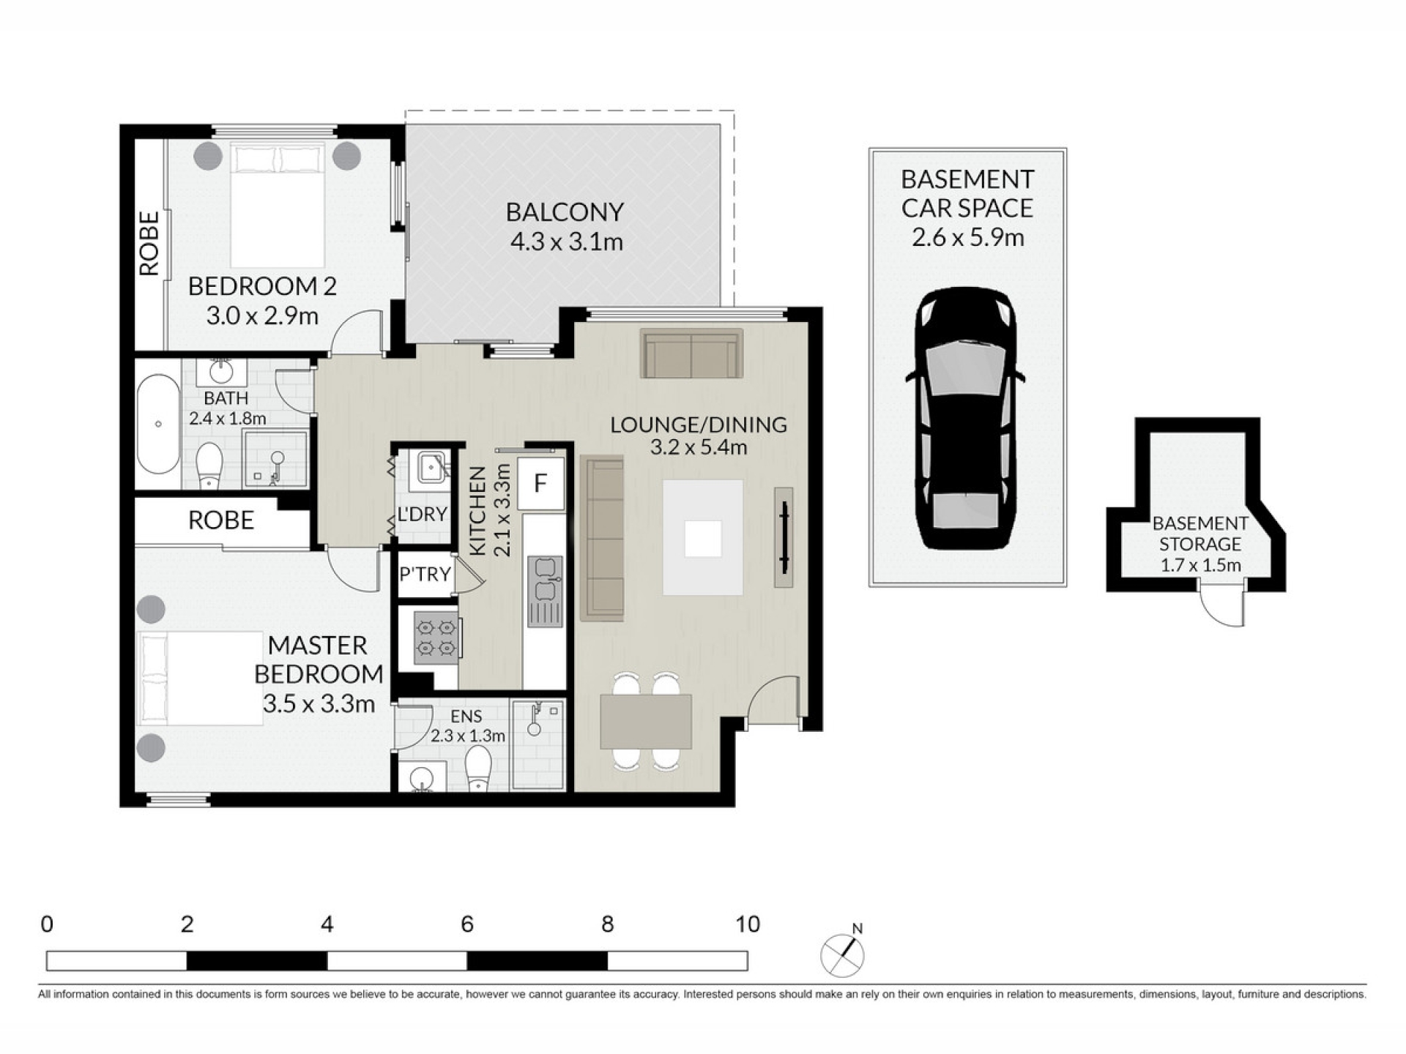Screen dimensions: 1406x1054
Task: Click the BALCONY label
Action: point(565,212)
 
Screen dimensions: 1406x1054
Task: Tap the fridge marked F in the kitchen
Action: point(541,483)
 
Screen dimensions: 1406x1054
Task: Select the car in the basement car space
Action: point(966,419)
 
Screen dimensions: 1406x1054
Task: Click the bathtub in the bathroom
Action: point(158,424)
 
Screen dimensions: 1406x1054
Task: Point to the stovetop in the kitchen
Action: point(436,638)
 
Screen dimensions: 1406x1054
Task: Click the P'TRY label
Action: point(424,575)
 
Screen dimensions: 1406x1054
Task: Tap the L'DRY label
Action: point(422,514)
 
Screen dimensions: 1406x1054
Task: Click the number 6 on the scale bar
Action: point(467,924)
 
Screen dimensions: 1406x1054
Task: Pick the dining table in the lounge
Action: point(646,722)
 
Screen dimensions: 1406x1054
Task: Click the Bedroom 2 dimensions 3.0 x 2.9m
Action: point(262,316)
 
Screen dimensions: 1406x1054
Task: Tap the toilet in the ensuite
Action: point(479,768)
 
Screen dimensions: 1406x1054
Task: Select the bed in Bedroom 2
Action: point(278,205)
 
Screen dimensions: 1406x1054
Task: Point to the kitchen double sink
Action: point(546,591)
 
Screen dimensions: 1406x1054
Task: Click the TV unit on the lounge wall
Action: point(784,537)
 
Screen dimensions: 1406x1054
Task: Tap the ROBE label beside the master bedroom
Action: point(221,520)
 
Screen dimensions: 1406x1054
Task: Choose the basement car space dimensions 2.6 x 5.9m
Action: point(967,237)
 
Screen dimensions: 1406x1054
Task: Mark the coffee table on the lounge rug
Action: point(703,539)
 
